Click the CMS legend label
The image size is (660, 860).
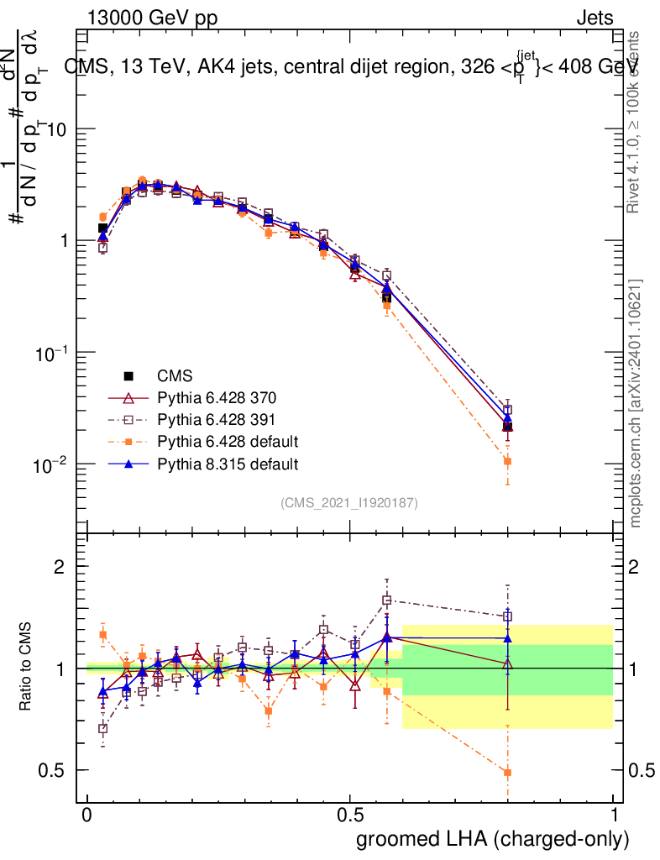tap(175, 375)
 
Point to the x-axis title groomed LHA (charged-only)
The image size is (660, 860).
tap(493, 839)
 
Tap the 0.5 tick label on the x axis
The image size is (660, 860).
tap(349, 815)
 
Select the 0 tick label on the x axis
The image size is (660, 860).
tap(87, 815)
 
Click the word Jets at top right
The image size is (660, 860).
tap(594, 18)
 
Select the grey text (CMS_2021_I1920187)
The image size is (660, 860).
tap(349, 503)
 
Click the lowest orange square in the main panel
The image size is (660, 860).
tap(507, 461)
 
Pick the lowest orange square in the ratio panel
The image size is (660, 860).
tap(507, 772)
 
